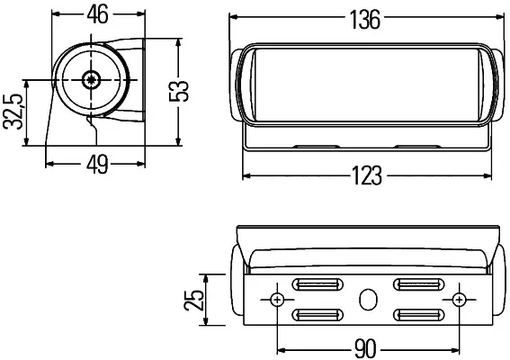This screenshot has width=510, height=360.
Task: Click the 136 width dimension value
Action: pyautogui.click(x=364, y=20)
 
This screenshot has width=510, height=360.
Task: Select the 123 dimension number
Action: pyautogui.click(x=367, y=175)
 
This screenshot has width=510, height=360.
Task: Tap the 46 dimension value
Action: pyautogui.click(x=97, y=14)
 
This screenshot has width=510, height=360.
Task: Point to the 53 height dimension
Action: pyautogui.click(x=179, y=91)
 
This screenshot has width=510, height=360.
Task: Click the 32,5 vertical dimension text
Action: pyautogui.click(x=13, y=112)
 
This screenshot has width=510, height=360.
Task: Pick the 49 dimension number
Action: pyautogui.click(x=97, y=164)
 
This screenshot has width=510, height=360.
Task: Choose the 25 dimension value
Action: pyautogui.click(x=193, y=300)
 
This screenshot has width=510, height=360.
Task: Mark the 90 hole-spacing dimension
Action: pyautogui.click(x=365, y=348)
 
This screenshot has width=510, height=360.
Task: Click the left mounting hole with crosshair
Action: pyautogui.click(x=277, y=300)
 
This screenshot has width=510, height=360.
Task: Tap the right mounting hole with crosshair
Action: pyautogui.click(x=459, y=300)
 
